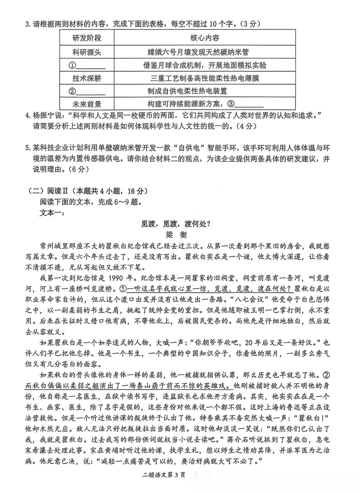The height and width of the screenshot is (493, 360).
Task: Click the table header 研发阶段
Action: click(87, 38)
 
